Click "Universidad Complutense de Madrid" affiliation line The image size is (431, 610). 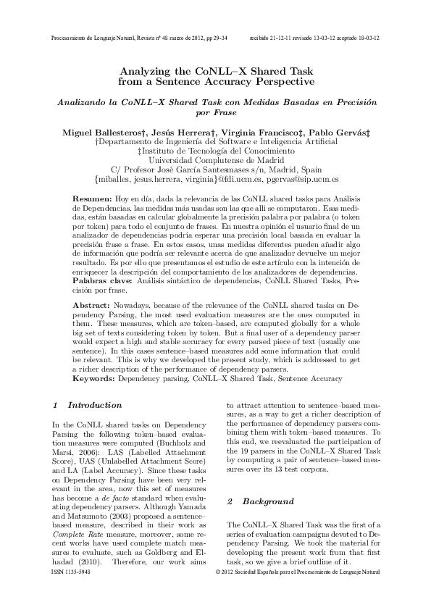point(215,159)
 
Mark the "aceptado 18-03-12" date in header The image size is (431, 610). point(360,37)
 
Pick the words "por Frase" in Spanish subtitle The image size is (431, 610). point(215,114)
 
